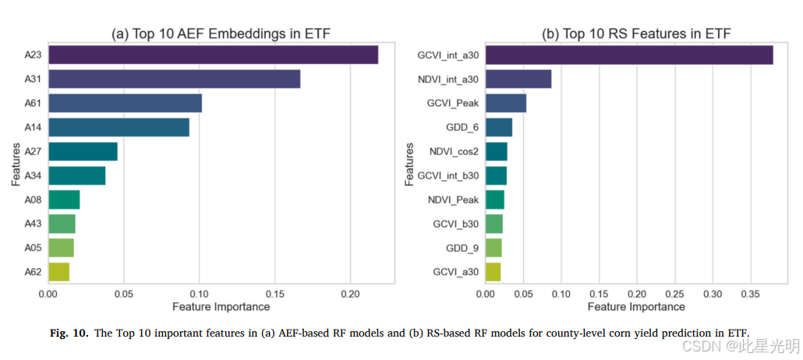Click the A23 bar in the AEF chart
pos(213,55)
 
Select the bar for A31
pos(174,79)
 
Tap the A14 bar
pos(119,127)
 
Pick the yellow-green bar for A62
pos(59,272)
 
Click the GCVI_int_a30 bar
pos(629,55)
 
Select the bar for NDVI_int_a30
pos(518,79)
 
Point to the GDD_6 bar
pos(499,127)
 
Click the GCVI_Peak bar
pos(506,103)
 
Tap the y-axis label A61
pos(32,104)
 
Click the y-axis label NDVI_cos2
pos(455,152)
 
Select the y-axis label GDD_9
pos(462,249)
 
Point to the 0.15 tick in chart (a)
pos(275,295)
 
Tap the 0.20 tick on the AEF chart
pos(350,295)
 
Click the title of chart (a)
pos(221,34)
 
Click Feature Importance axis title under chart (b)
pos(636,307)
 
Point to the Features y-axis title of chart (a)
pos(16,164)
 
